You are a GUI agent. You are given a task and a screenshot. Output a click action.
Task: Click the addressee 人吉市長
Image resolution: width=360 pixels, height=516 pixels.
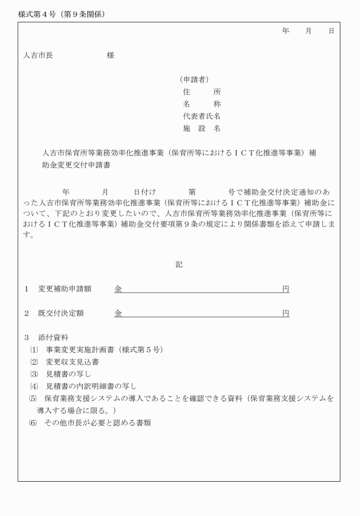38,55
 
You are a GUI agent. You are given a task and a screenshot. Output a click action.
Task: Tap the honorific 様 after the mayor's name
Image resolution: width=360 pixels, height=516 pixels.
110,55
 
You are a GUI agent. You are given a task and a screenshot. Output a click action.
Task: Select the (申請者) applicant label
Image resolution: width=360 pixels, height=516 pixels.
193,79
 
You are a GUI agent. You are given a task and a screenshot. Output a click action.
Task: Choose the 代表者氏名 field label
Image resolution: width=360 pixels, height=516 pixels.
202,117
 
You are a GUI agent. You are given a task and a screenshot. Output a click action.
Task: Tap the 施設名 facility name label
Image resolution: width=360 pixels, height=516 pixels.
202,129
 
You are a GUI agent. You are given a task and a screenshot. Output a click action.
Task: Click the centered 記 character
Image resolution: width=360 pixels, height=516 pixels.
179,265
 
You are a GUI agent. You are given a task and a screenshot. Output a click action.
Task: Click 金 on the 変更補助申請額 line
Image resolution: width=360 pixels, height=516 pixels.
118,289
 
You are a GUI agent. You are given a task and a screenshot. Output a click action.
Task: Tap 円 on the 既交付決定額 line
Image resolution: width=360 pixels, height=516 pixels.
286,314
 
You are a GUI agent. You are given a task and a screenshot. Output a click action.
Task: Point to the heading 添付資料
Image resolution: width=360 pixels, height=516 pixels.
53,338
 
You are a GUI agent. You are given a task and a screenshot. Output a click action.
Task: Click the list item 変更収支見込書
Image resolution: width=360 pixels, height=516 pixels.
73,362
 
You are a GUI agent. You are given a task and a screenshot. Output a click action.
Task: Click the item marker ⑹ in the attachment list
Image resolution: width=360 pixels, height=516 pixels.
33,423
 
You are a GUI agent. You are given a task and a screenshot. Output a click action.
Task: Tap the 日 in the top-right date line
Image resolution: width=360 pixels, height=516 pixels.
331,31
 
